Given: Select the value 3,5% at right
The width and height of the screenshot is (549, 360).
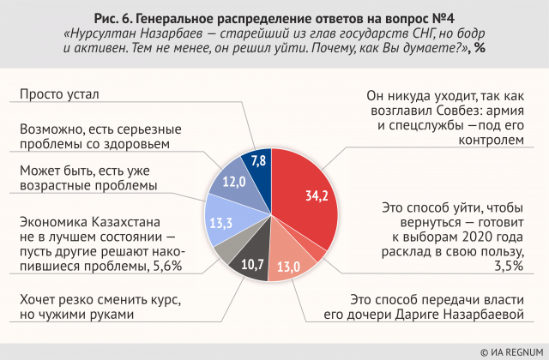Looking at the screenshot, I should [508, 267].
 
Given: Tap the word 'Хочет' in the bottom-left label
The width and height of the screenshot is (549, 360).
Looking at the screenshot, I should [39, 299].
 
